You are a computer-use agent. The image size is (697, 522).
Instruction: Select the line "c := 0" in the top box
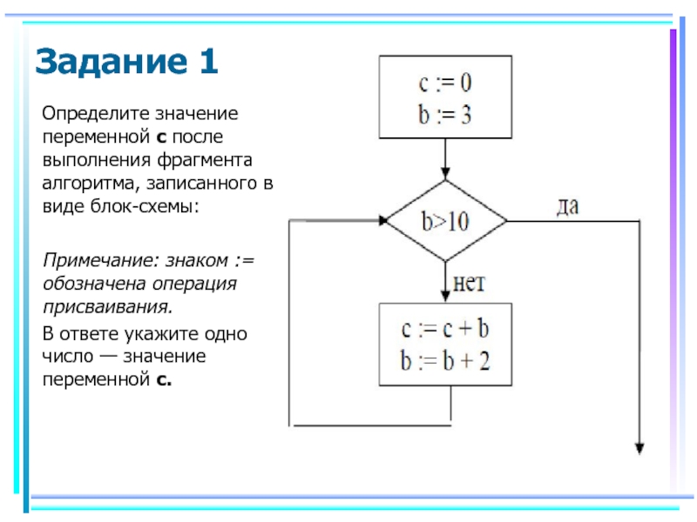tap(444, 86)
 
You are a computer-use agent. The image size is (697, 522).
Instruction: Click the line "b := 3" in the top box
tap(444, 115)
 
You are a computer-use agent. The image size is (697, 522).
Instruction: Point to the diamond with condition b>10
tap(445, 221)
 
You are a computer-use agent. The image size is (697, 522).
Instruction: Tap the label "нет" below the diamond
tap(469, 283)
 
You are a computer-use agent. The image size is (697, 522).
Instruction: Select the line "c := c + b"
tap(444, 330)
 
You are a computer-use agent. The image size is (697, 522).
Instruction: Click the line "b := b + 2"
tap(444, 359)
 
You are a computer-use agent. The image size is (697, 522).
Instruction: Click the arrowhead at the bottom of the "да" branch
tap(639, 447)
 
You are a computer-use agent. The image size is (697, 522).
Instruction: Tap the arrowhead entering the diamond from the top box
tap(445, 175)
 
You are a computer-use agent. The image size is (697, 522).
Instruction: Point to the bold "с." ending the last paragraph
tap(165, 380)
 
